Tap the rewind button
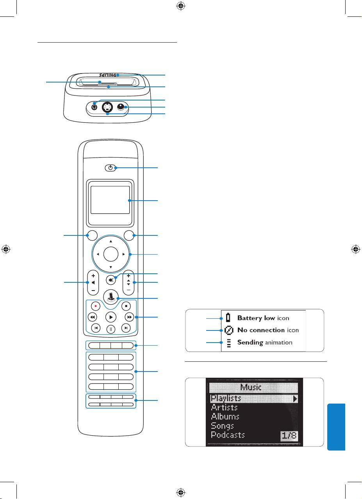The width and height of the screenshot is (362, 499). point(93,317)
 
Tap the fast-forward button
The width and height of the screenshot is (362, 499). point(128,317)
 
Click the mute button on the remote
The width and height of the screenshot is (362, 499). point(111,281)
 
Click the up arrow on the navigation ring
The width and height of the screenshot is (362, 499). point(111,241)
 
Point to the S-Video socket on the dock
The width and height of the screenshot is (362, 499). point(107,107)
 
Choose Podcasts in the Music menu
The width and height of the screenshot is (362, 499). point(228,435)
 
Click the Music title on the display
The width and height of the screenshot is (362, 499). point(253,388)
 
